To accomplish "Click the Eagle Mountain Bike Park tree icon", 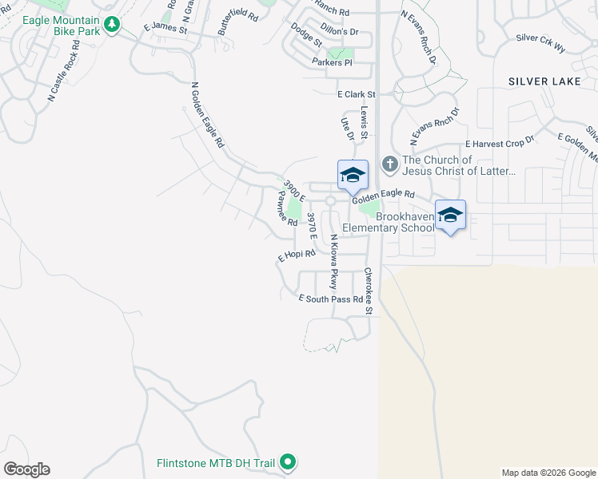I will click(x=113, y=25).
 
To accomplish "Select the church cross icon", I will click(x=389, y=164).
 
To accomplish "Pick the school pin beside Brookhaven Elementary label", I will click(x=450, y=215).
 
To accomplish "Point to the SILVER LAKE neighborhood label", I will click(x=548, y=81).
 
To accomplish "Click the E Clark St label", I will click(x=356, y=93).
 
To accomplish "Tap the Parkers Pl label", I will click(x=332, y=62).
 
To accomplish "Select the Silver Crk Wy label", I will click(x=540, y=43).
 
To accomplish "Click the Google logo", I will click(x=26, y=469).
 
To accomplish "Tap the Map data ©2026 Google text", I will click(x=548, y=473).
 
